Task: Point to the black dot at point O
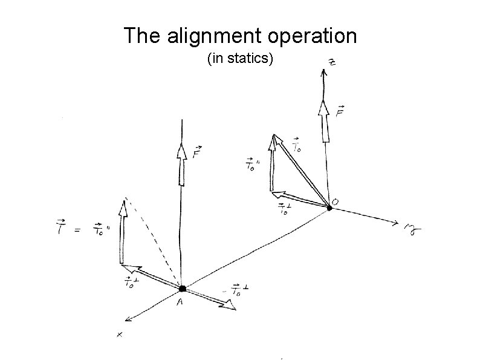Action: tap(329, 208)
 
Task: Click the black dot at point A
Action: tap(182, 289)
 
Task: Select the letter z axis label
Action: tap(332, 63)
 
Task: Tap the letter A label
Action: tap(180, 303)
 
